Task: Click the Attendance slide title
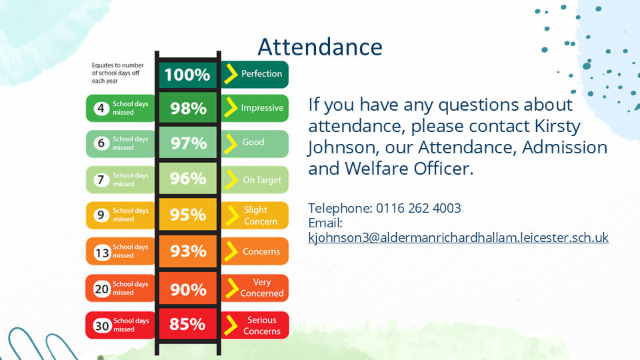pos(320,47)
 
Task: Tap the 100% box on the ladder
pos(188,75)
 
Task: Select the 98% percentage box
pos(188,108)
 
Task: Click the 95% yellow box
pos(188,214)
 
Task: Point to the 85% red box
pos(188,324)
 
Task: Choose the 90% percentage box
pos(188,288)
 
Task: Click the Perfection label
pos(261,74)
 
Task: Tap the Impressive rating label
pos(262,108)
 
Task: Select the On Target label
pos(262,180)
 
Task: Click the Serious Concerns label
pos(262,325)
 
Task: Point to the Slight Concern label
pos(261,215)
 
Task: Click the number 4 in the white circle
pos(101,109)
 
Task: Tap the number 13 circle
pos(102,253)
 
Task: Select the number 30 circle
pos(102,325)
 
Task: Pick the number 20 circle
pos(101,289)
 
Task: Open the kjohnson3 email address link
pos(459,237)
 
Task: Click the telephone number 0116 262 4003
pos(419,208)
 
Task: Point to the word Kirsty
pos(557,126)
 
